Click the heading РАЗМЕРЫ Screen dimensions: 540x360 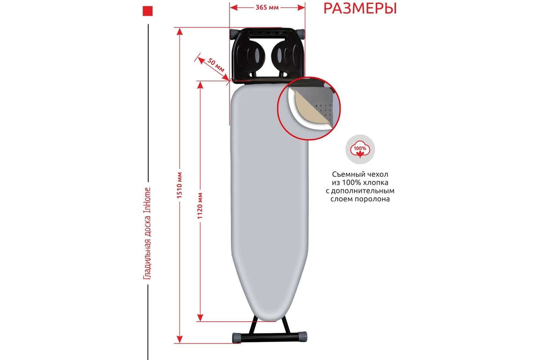point(360,9)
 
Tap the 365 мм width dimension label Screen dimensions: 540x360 point(267,8)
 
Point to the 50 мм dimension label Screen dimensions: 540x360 point(216,65)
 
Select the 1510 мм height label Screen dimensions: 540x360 point(180,185)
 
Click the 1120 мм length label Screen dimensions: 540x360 point(200,206)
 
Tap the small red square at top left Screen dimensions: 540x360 point(148,11)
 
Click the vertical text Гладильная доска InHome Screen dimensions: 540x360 point(147,234)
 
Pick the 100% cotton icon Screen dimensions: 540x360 point(360,149)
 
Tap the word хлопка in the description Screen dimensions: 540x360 point(376,183)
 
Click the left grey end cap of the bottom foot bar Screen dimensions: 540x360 point(236,338)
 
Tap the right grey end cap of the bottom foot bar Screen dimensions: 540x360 point(303,337)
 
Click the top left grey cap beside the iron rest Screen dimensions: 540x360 point(234,34)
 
